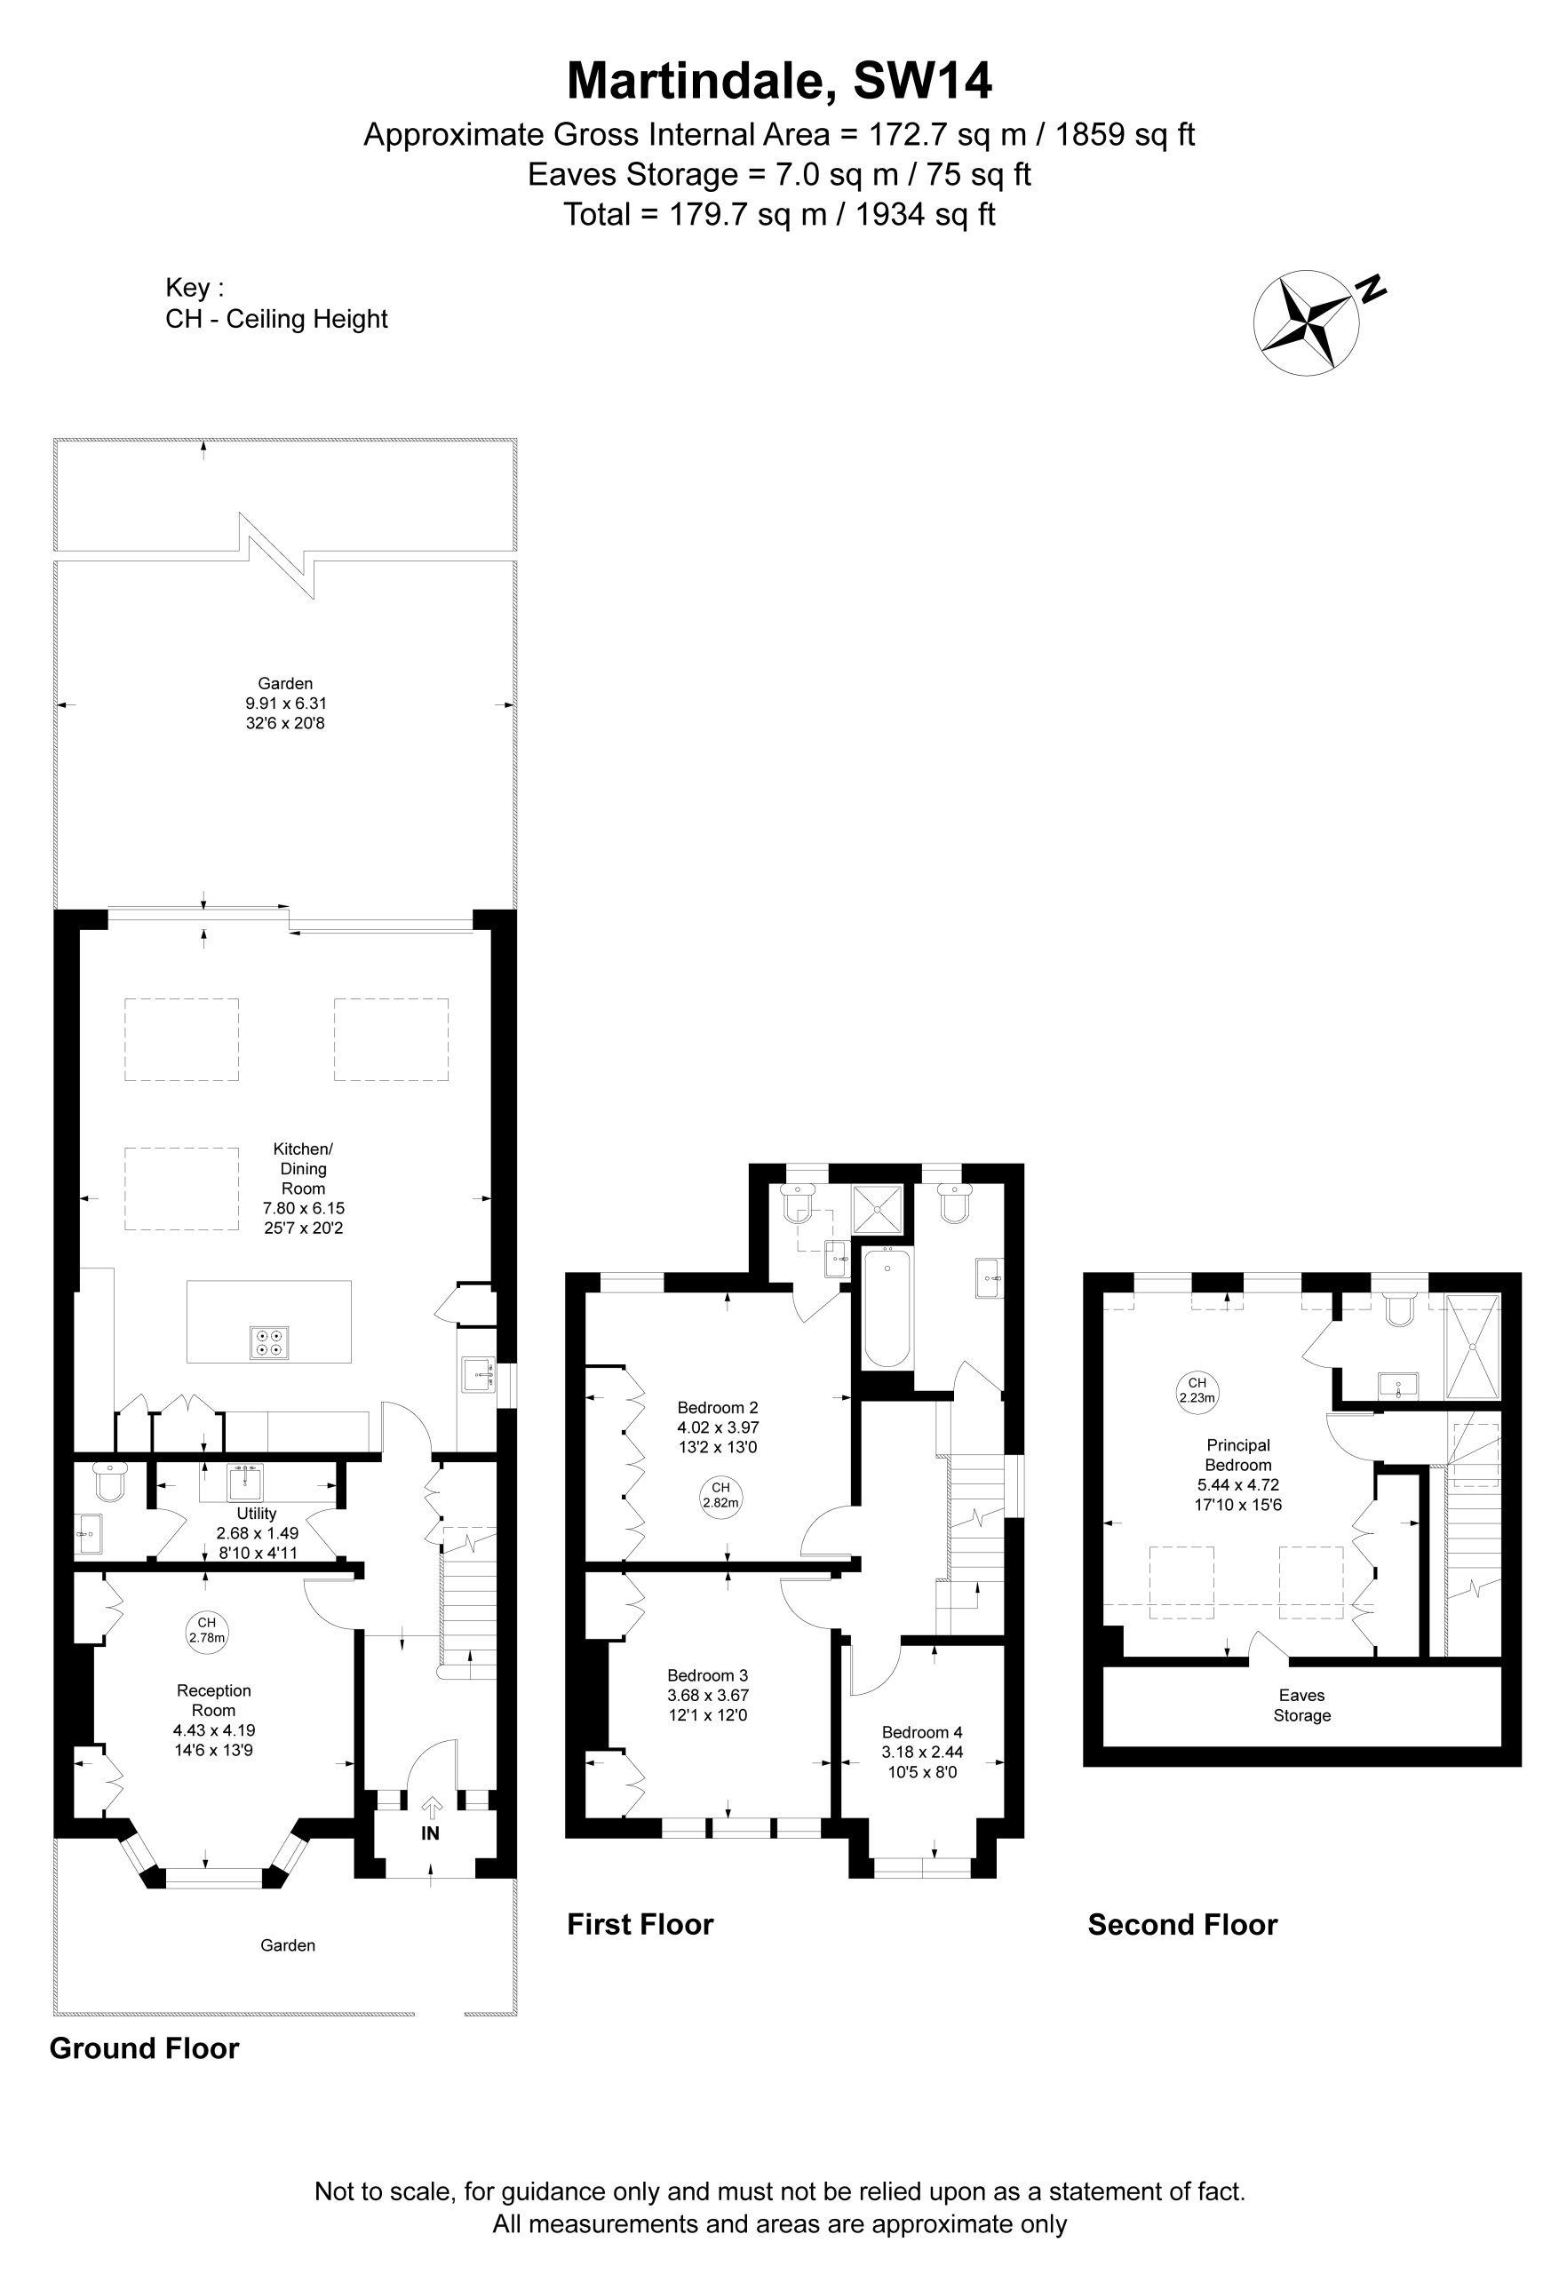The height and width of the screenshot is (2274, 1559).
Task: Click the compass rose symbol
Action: coord(1306,322)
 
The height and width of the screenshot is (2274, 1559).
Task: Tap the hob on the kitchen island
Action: coord(269,1341)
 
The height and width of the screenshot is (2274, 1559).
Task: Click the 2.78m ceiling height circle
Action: coord(206,1630)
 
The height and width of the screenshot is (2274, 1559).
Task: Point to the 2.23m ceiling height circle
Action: coord(1197,1389)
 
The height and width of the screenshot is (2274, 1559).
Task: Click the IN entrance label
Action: coord(431,1833)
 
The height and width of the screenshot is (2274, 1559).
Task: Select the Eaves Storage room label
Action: coord(1301,1705)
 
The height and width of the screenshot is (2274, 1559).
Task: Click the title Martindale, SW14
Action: coord(780,80)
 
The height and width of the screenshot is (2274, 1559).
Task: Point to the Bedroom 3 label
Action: coord(708,1675)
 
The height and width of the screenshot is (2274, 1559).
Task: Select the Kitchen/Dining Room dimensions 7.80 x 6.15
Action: coord(304,1208)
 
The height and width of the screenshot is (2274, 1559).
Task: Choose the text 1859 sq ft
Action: coord(1126,134)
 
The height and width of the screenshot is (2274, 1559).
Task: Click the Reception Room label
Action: coord(213,1700)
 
